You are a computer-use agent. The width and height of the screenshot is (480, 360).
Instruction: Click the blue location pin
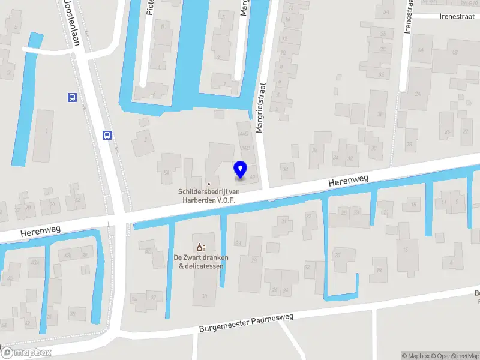click(x=240, y=169)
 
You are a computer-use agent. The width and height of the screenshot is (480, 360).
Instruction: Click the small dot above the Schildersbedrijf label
click(x=209, y=184)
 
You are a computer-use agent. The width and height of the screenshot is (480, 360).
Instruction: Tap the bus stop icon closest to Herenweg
click(x=107, y=136)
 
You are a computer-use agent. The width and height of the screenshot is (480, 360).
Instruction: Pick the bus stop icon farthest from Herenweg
click(x=72, y=97)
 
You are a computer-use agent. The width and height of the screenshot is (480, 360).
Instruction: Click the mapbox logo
click(x=25, y=353)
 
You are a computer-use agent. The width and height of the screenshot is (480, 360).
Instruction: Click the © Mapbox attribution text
click(x=416, y=356)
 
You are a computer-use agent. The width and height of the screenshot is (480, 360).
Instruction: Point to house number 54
click(x=166, y=173)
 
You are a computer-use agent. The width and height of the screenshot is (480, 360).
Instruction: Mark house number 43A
click(x=36, y=262)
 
